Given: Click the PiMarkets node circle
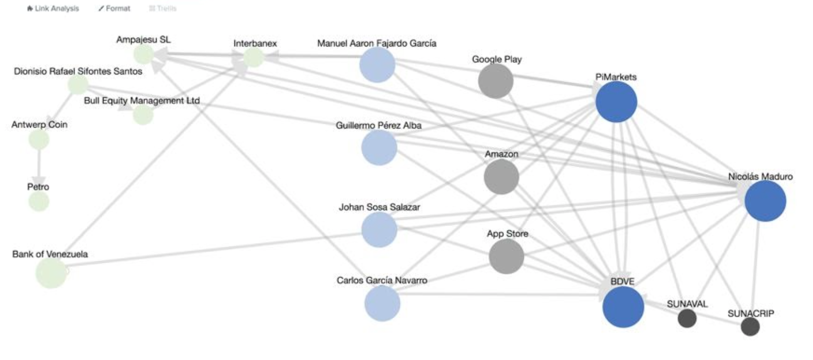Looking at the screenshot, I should tap(616, 102).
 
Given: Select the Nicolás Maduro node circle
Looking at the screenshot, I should tap(765, 201).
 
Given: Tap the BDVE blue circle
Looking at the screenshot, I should tap(623, 307).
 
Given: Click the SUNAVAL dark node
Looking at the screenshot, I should tap(687, 318).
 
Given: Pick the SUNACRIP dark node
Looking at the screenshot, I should tap(750, 327).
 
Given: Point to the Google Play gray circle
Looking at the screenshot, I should tap(495, 81).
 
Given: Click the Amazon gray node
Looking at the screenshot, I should tap(501, 177).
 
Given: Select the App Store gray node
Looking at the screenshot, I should tap(506, 256).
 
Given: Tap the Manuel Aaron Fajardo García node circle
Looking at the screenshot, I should tap(377, 65).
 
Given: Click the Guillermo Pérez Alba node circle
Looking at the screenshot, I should tap(379, 148).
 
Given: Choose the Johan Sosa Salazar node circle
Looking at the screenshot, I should tap(379, 229).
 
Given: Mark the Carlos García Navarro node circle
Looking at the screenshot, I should tap(382, 303).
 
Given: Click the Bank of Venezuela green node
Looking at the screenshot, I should tap(51, 273).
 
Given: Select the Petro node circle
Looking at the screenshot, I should tap(39, 202).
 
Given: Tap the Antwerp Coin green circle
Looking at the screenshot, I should tap(39, 140).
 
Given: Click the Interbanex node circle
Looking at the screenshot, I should tap(253, 57).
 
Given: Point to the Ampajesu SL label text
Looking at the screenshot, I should tap(143, 40).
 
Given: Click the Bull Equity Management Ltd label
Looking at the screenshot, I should tap(142, 101).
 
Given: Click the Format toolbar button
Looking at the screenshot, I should tap(114, 8).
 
